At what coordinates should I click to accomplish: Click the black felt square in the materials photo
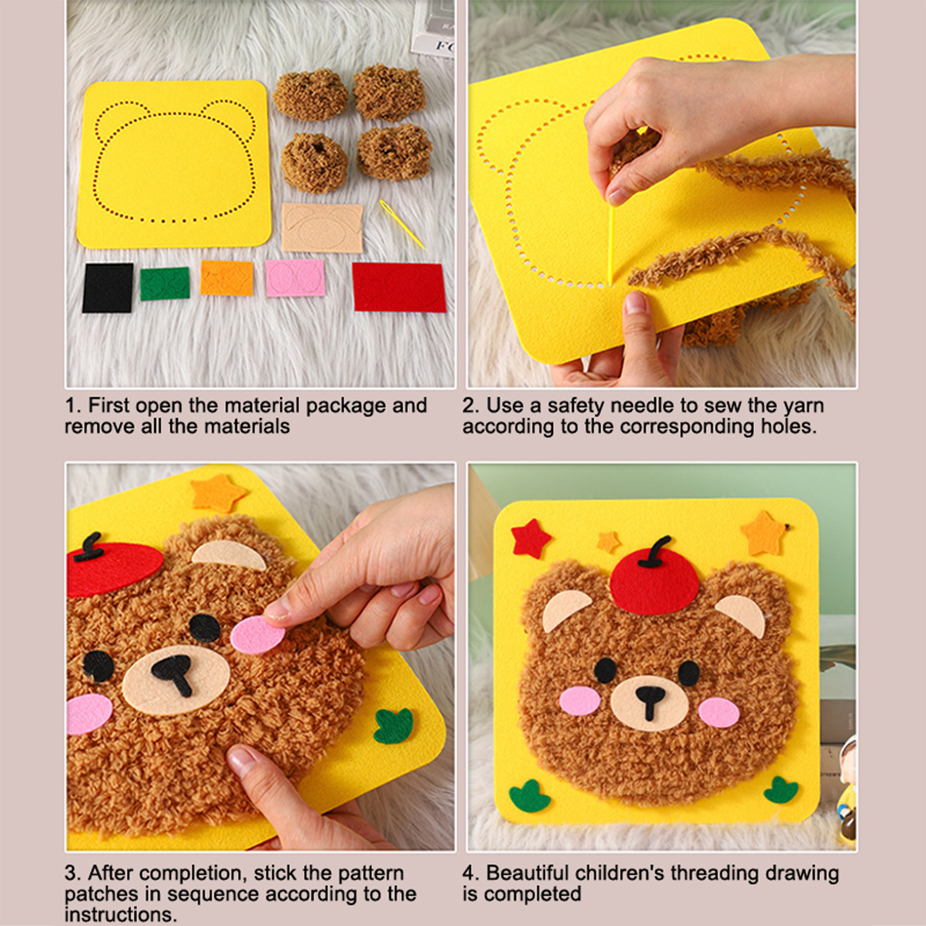108,288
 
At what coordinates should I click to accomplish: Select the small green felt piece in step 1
164,284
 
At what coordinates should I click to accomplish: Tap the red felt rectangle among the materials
399,287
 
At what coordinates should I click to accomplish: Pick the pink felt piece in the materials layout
295,278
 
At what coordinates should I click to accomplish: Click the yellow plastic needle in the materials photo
402,224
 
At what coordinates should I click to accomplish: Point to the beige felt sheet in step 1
322,227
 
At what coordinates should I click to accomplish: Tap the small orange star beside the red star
608,541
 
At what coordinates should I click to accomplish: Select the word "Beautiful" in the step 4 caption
527,873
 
